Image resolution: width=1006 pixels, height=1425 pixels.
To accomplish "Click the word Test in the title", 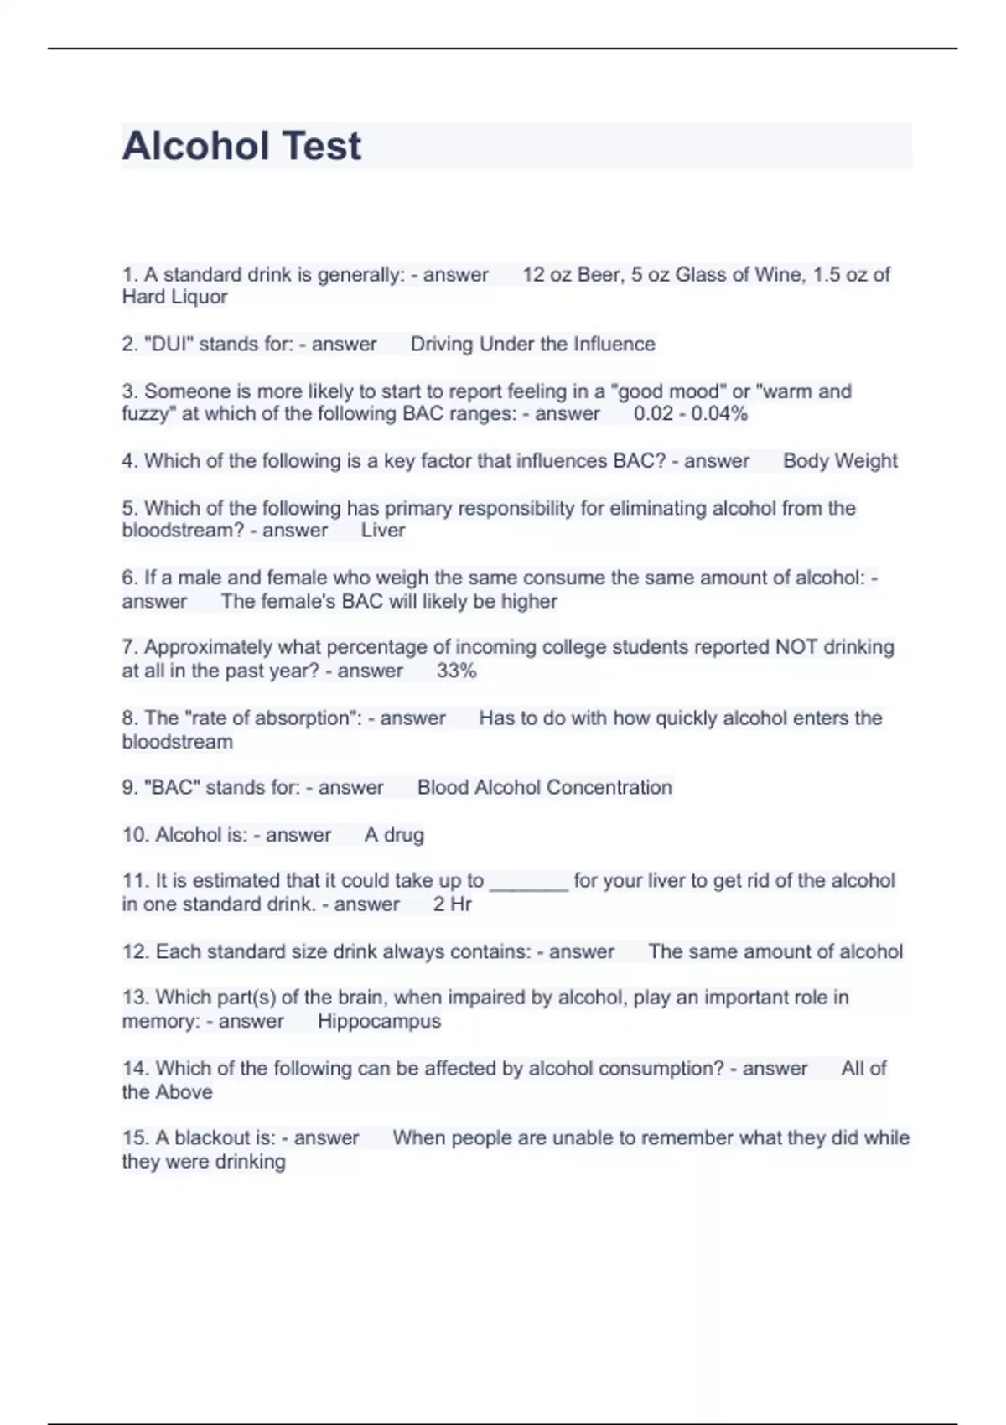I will click(x=322, y=146).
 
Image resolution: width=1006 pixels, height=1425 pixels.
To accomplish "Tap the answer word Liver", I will click(x=383, y=531).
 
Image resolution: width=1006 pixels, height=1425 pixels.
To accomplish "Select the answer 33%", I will click(x=456, y=671).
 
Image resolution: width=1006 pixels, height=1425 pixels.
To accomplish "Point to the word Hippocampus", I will click(x=379, y=1021).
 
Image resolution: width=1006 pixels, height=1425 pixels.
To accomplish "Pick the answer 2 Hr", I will click(x=452, y=904).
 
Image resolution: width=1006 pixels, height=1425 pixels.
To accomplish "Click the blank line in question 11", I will click(x=528, y=883).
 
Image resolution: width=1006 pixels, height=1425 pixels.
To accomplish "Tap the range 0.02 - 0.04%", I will click(x=690, y=413).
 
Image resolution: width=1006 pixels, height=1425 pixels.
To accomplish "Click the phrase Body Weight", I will click(x=840, y=461).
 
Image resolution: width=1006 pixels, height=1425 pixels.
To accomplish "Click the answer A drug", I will click(x=394, y=835).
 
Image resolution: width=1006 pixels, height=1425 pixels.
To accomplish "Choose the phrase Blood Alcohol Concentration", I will click(x=545, y=788).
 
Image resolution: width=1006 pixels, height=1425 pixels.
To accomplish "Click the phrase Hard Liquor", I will click(x=174, y=297).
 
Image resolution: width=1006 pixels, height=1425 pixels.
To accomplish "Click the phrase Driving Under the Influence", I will click(x=532, y=344).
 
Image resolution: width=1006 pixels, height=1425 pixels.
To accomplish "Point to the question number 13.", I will click(x=134, y=997).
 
